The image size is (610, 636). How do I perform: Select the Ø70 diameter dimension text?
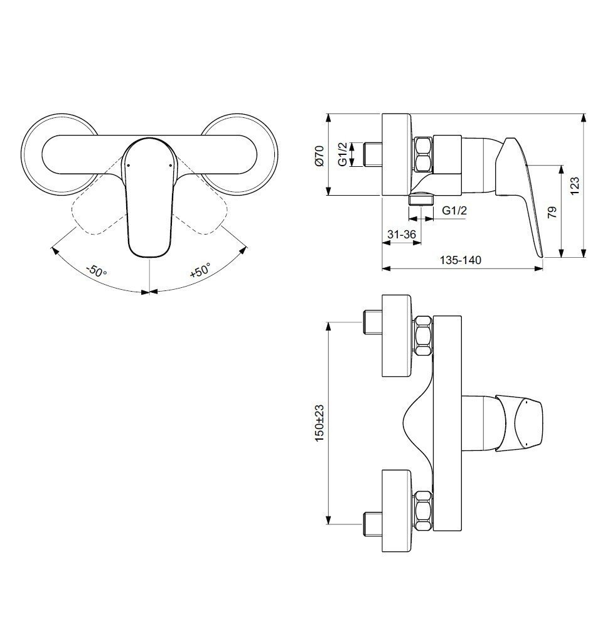[x=319, y=154]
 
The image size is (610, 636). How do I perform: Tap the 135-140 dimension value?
[x=462, y=260]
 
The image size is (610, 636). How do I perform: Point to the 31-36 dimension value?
[x=402, y=234]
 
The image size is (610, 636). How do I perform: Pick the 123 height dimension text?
[x=575, y=186]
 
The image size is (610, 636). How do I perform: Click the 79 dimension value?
[x=552, y=211]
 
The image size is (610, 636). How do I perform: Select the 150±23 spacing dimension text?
[x=319, y=423]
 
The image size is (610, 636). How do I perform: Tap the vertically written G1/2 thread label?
[x=343, y=154]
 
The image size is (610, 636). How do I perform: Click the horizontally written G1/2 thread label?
[x=454, y=211]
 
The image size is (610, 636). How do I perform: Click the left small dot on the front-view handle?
[x=127, y=166]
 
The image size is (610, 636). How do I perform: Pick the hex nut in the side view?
[x=422, y=155]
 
